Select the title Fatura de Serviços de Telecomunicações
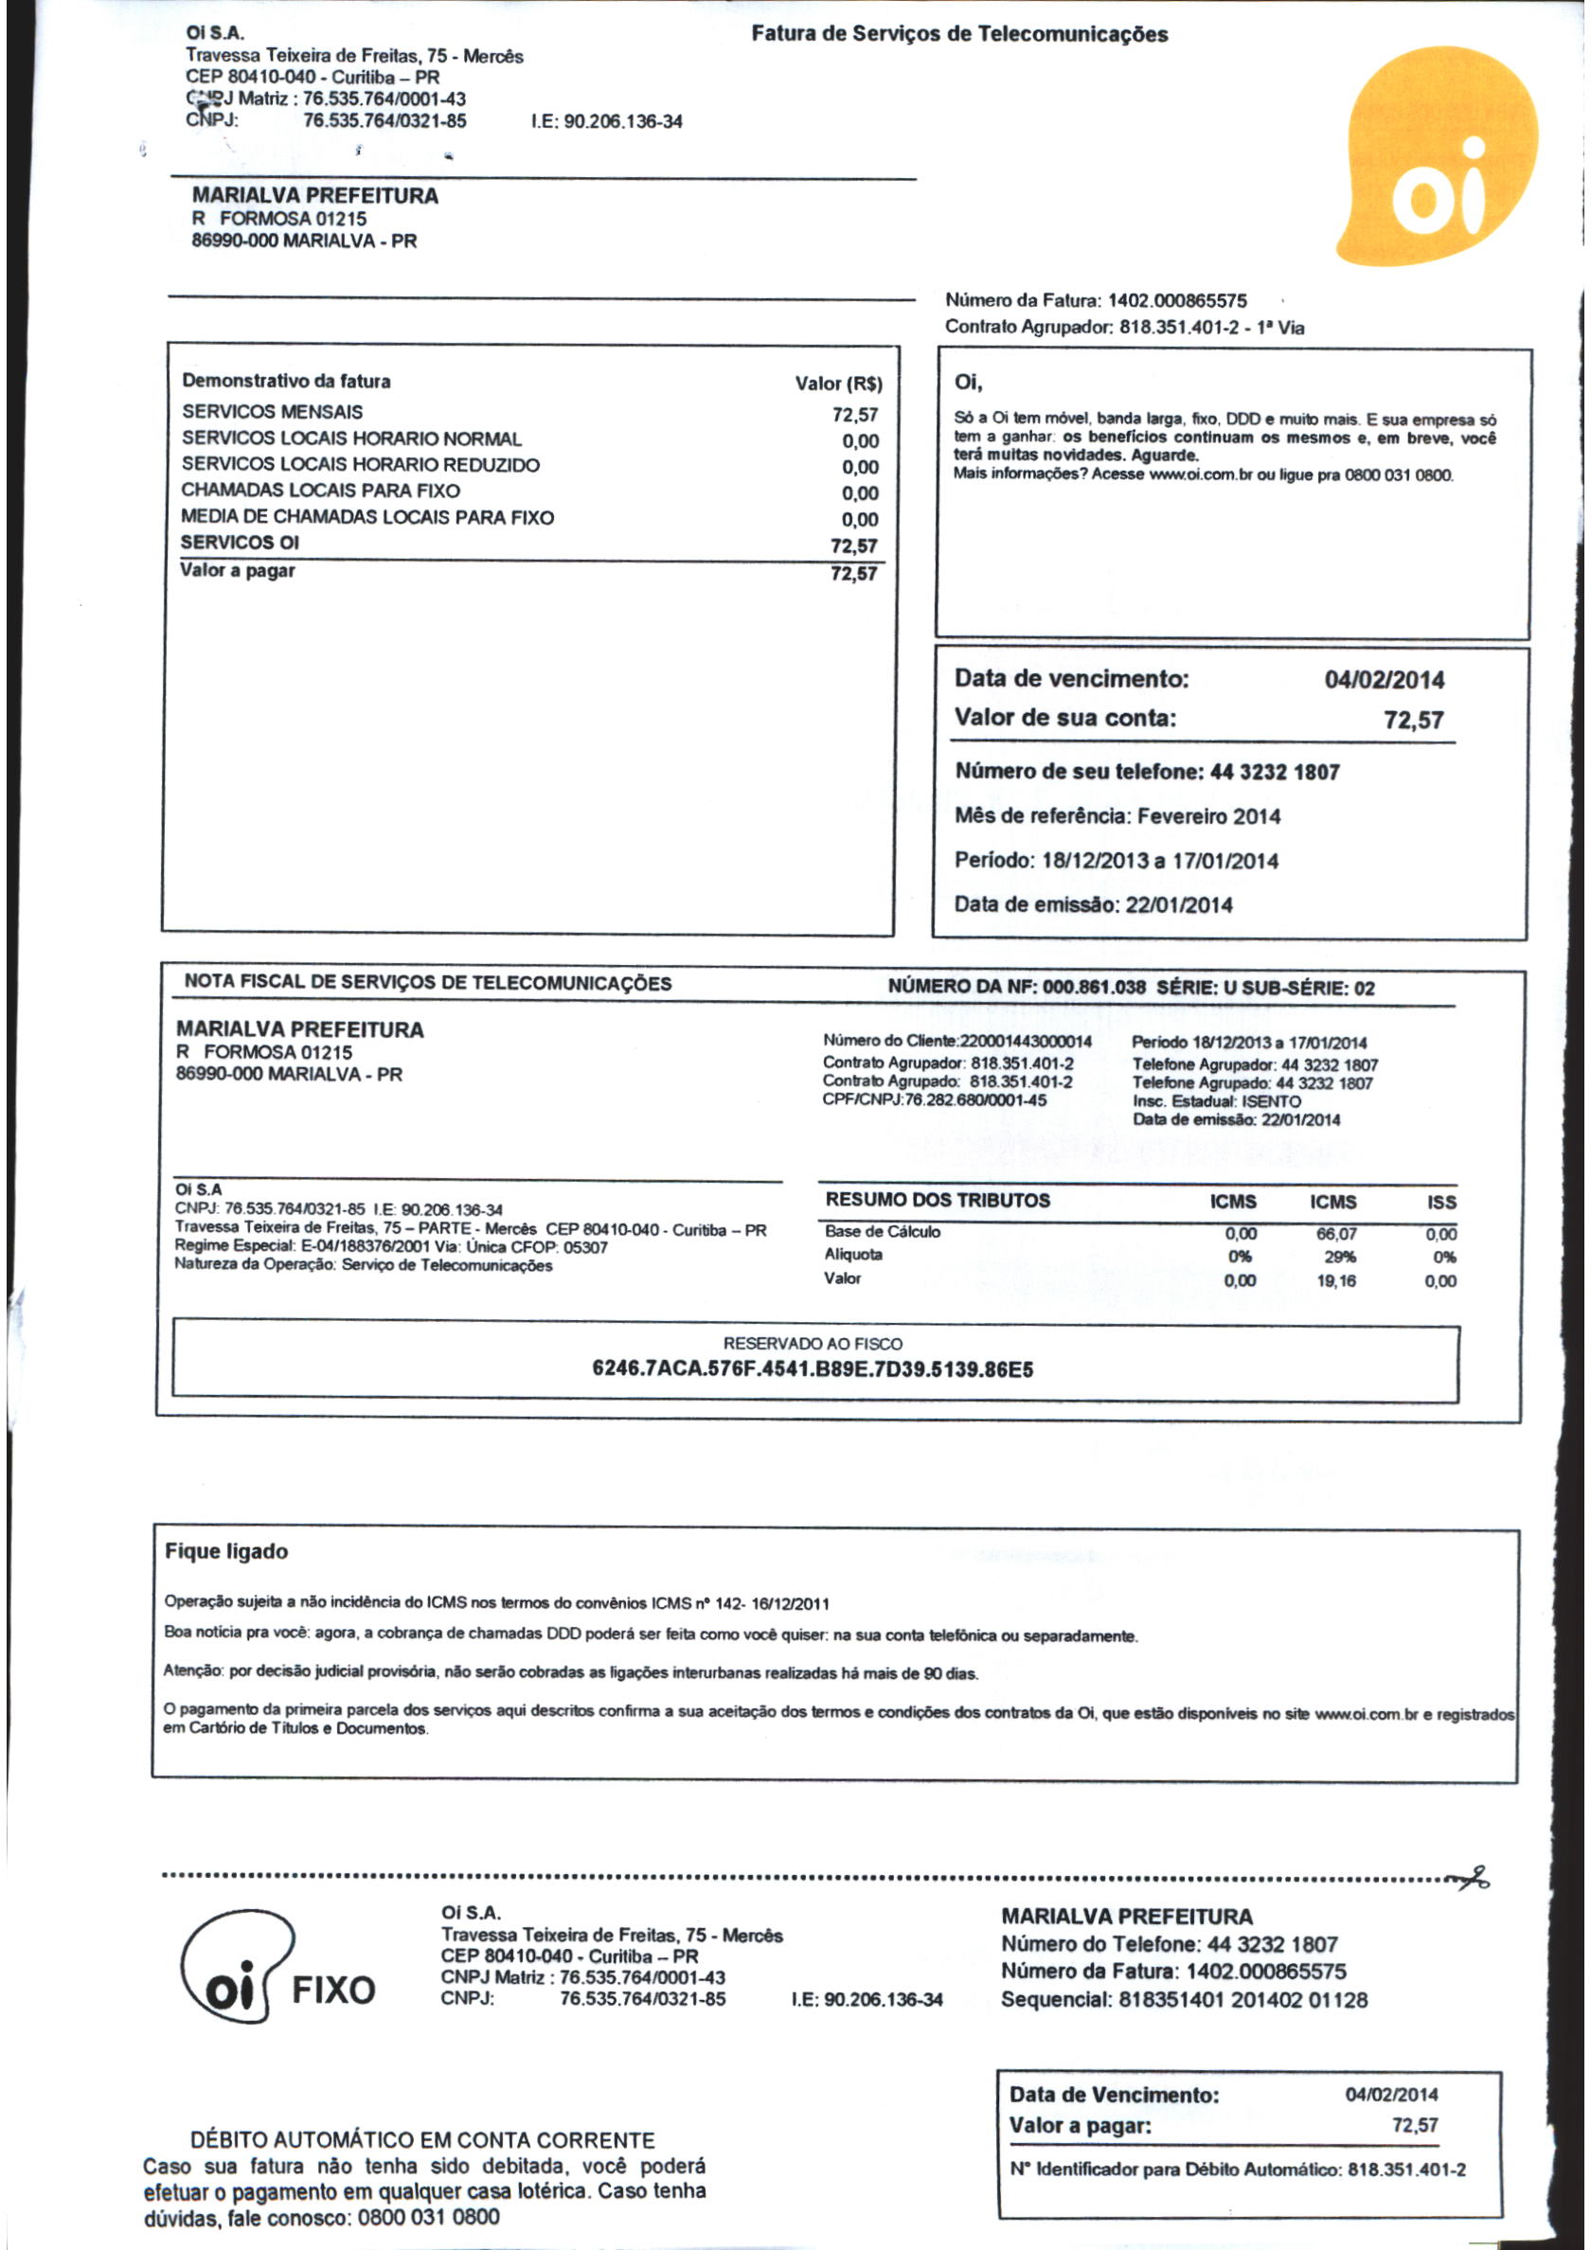(x=958, y=34)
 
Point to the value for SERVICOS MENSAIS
(x=855, y=415)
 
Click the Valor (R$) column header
(x=838, y=384)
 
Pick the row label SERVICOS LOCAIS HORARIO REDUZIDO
(x=360, y=465)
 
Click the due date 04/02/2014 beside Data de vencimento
(x=1385, y=679)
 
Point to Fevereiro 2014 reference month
(x=1208, y=816)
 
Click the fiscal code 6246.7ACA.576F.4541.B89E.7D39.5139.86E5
(x=813, y=1369)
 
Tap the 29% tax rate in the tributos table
(x=1338, y=1257)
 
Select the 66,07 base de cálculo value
(x=1336, y=1234)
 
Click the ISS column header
(x=1442, y=1203)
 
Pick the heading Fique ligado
(x=226, y=1551)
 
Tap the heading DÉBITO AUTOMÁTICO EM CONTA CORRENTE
(x=422, y=2139)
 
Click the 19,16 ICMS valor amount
(x=1336, y=1281)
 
